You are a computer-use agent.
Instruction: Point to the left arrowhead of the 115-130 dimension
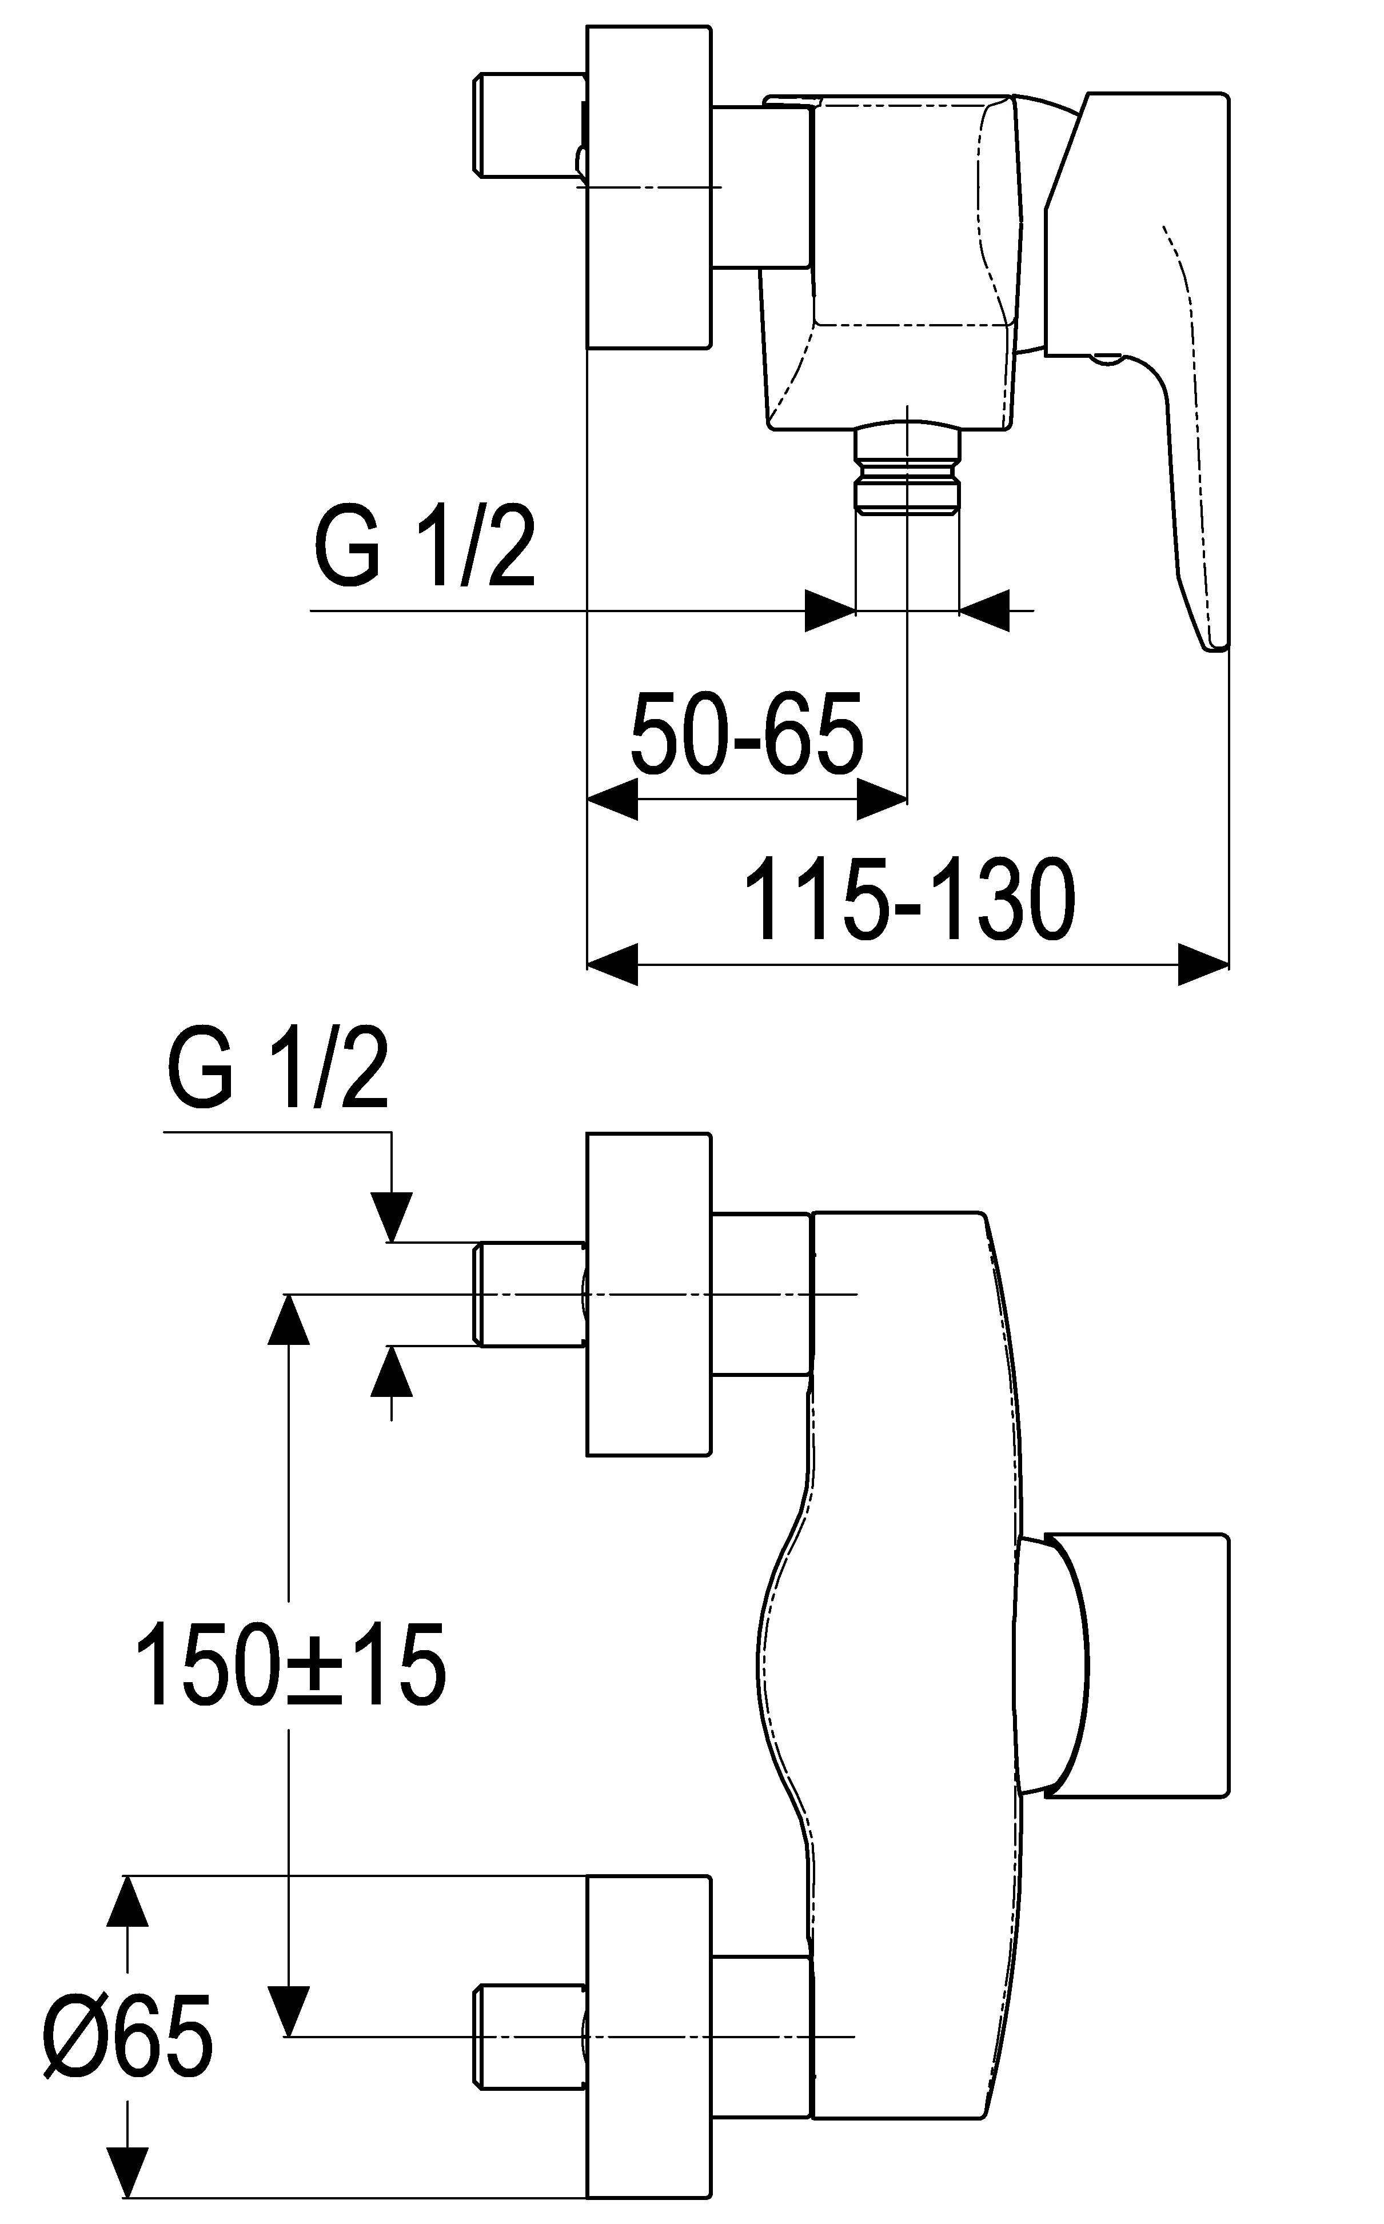(x=611, y=964)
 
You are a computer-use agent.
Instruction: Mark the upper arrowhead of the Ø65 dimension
(x=127, y=1904)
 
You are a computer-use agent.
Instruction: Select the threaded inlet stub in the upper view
(x=528, y=125)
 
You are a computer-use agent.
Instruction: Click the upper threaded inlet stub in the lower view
(x=529, y=1294)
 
